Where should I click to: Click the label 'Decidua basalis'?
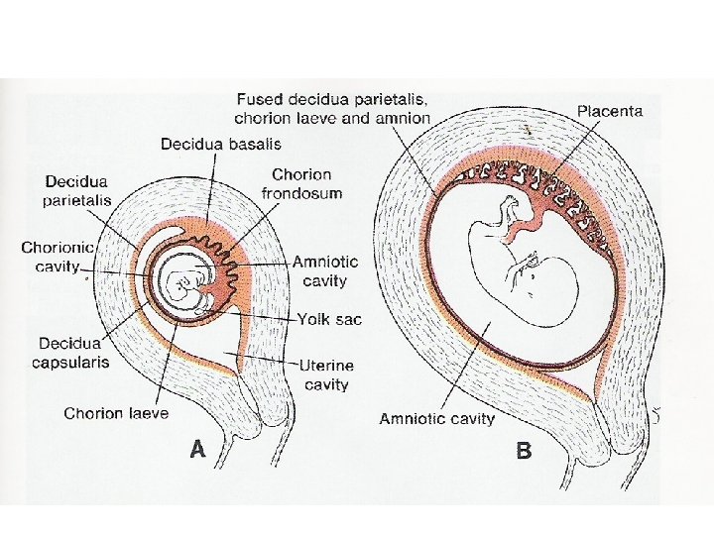(220, 145)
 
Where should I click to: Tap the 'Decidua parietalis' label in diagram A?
(77, 190)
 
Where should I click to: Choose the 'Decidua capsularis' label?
(73, 353)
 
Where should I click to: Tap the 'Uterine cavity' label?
(327, 374)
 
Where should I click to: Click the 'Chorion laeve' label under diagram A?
(116, 414)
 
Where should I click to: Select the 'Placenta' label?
(609, 112)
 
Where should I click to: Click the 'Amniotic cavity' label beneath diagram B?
(436, 419)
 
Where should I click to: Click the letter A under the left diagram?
(198, 450)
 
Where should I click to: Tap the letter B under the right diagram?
(524, 451)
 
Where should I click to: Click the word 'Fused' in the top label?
(260, 101)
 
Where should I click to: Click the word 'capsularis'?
(73, 362)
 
